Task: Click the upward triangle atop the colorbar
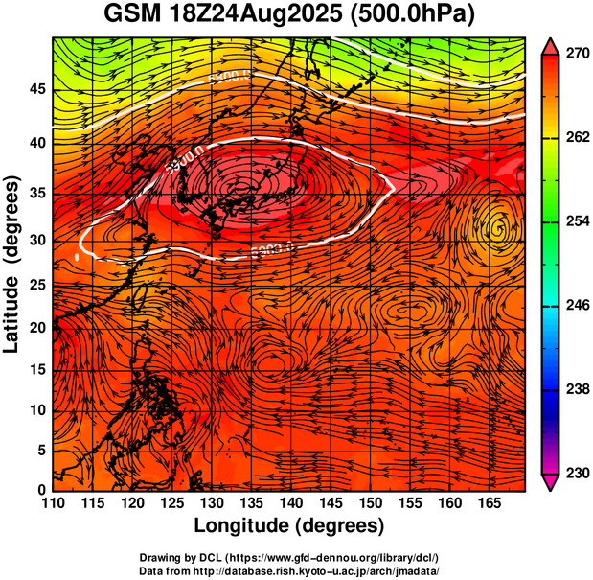coord(551,45)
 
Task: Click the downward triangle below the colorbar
coord(551,482)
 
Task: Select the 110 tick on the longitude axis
coord(53,502)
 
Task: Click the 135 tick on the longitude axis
coord(251,502)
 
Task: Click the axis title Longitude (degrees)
coord(288,525)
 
